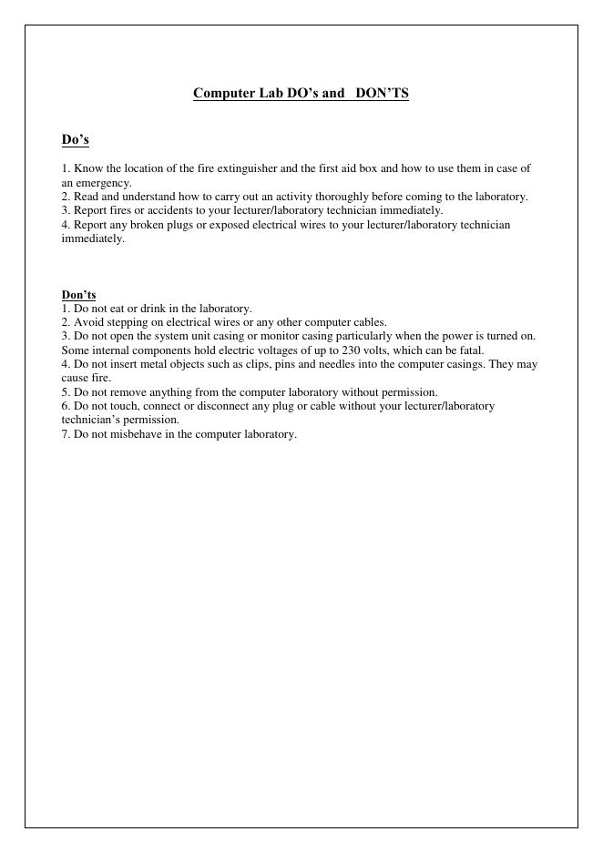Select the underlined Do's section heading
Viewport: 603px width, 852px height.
(75, 139)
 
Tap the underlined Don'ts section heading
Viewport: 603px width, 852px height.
(78, 295)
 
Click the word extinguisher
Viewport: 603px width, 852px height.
(247, 168)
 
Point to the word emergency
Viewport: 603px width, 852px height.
(104, 183)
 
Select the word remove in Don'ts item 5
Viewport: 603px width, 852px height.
(118, 392)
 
